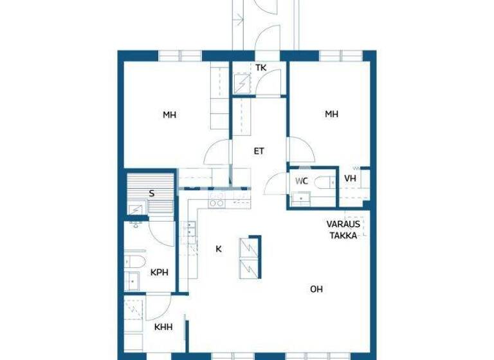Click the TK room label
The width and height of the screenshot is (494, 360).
pyautogui.click(x=260, y=67)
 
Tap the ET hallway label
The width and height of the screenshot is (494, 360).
pyautogui.click(x=259, y=152)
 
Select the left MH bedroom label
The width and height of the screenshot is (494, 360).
pyautogui.click(x=169, y=115)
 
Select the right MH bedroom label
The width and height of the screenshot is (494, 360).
pyautogui.click(x=331, y=114)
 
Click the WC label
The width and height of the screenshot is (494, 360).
pyautogui.click(x=302, y=181)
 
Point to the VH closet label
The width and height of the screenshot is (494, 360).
pyautogui.click(x=350, y=179)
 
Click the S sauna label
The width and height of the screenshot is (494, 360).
pyautogui.click(x=152, y=192)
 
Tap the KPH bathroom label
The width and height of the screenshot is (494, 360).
pyautogui.click(x=159, y=272)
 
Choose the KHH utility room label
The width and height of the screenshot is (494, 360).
pyautogui.click(x=163, y=327)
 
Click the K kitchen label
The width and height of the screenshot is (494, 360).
pyautogui.click(x=218, y=249)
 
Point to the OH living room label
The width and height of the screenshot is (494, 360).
pyautogui.click(x=316, y=289)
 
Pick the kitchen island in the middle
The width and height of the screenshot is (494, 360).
pyautogui.click(x=250, y=258)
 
